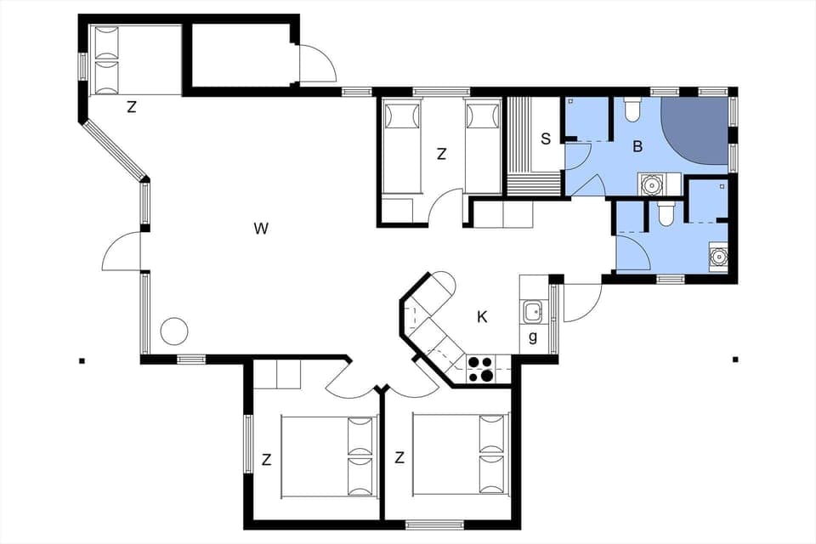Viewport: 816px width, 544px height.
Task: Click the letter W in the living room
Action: pos(261,228)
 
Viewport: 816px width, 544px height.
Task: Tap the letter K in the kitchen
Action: pos(482,317)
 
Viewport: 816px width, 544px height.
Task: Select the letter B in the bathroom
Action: pos(637,146)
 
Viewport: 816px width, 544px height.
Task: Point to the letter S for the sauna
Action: pos(545,139)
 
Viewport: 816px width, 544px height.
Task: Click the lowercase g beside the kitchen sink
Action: pos(533,337)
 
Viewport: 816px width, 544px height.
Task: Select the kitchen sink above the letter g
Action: pos(533,312)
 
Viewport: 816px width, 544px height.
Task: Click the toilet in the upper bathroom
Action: pos(632,109)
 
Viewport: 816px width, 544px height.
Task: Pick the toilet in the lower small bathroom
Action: pos(666,213)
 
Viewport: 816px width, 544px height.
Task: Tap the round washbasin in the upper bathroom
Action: pos(652,184)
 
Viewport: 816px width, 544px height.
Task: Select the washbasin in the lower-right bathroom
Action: pos(718,255)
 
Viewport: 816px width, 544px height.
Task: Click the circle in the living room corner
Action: pos(174,331)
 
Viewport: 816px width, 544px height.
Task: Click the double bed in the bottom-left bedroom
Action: pos(328,456)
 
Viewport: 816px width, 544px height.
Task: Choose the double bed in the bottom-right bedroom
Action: pos(460,455)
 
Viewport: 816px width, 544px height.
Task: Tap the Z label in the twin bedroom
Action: pos(441,154)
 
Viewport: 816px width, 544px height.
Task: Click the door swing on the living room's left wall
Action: pos(122,252)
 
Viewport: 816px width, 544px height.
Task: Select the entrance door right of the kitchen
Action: pos(581,303)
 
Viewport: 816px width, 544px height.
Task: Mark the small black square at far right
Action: pos(735,360)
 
